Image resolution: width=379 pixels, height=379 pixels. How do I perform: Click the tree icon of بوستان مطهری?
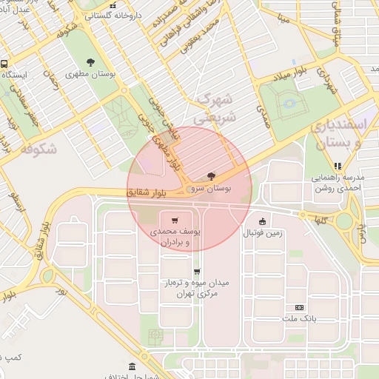click(90, 62)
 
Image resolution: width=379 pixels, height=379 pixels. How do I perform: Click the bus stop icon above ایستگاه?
click(4, 64)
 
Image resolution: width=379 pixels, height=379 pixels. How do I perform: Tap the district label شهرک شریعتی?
click(214, 108)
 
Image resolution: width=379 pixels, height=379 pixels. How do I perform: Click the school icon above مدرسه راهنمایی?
click(338, 167)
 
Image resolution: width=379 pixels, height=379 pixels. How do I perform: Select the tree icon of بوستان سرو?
click(212, 176)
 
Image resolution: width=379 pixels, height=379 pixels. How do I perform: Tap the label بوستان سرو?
click(212, 189)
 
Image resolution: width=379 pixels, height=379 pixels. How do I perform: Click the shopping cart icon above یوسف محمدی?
click(174, 220)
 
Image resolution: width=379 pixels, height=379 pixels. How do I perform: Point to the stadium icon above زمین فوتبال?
click(262, 221)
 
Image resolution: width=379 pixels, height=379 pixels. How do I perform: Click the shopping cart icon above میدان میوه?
click(196, 272)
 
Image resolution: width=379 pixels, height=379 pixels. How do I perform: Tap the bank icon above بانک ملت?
click(299, 307)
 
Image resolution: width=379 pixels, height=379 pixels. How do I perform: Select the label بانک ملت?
click(299, 319)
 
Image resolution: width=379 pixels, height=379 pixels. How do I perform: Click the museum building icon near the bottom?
click(132, 366)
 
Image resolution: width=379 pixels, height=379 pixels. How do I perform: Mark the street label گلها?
click(321, 221)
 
